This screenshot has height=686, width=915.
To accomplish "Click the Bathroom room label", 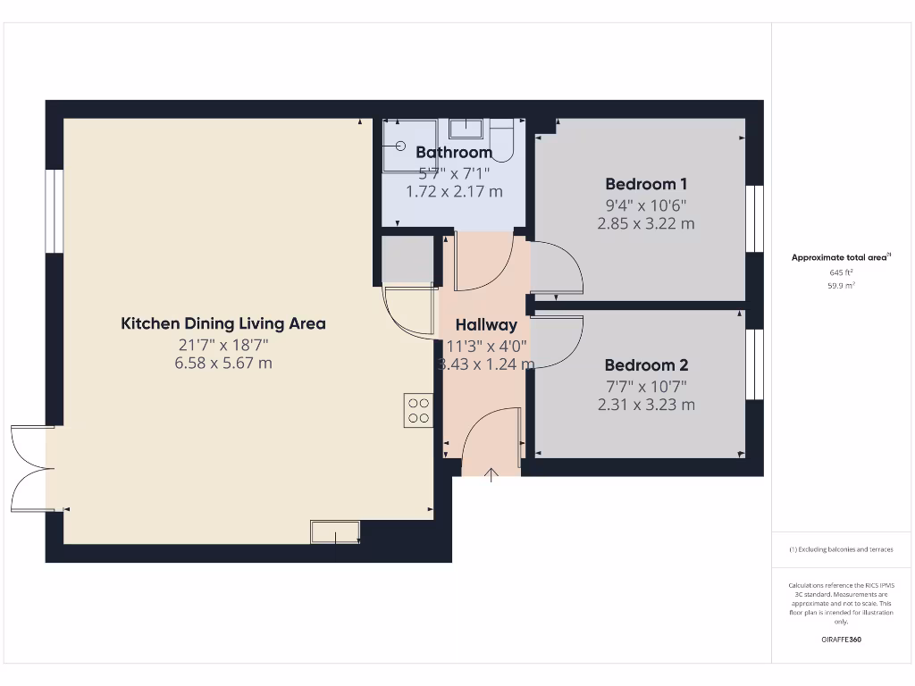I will pyautogui.click(x=454, y=153).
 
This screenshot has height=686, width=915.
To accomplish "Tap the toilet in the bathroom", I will pyautogui.click(x=501, y=141).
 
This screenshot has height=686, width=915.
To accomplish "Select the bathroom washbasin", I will pyautogui.click(x=466, y=129).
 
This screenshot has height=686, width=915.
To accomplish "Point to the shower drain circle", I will pyautogui.click(x=399, y=146).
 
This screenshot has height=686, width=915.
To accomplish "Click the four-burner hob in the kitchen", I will pyautogui.click(x=418, y=410).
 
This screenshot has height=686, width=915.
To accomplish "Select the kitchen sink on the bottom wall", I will pyautogui.click(x=335, y=531).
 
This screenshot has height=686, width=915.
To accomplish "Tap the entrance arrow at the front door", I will pyautogui.click(x=491, y=473).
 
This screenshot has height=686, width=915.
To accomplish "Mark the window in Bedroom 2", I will pyautogui.click(x=754, y=364).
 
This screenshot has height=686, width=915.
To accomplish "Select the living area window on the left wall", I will pyautogui.click(x=55, y=212).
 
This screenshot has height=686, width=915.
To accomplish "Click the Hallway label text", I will pyautogui.click(x=486, y=325).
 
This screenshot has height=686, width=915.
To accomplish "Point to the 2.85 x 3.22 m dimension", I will pyautogui.click(x=645, y=223).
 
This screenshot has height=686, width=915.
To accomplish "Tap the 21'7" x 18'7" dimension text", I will pyautogui.click(x=223, y=344).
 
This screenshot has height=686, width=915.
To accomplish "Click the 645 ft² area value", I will pyautogui.click(x=841, y=272).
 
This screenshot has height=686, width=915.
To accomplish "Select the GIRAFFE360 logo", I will pyautogui.click(x=841, y=640).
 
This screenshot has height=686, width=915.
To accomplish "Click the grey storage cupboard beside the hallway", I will pyautogui.click(x=407, y=259).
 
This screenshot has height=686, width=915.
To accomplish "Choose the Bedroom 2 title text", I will pyautogui.click(x=645, y=365).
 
